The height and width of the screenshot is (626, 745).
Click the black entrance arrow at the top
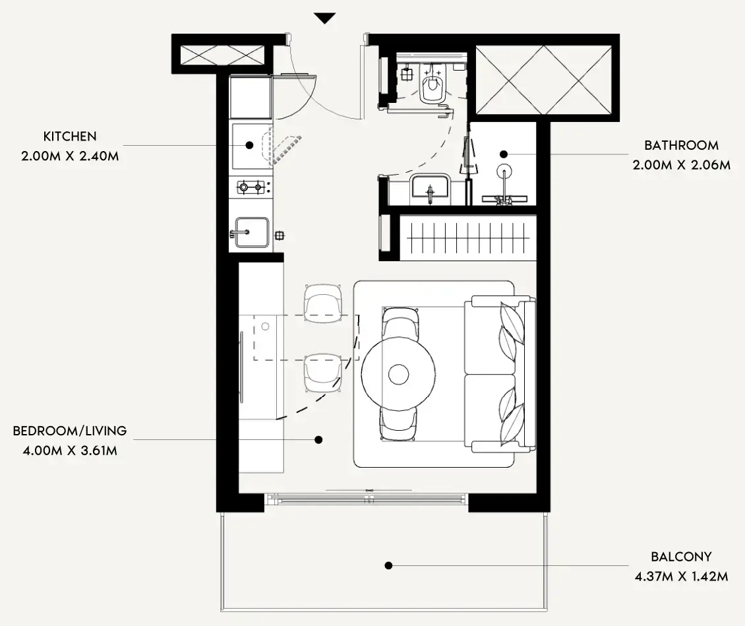(x=325, y=18)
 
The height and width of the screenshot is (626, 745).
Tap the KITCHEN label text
(x=70, y=137)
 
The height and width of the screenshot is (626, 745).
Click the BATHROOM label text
(x=681, y=145)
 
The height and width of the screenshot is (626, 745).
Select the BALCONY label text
(x=681, y=557)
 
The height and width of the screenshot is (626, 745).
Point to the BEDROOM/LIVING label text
(x=70, y=431)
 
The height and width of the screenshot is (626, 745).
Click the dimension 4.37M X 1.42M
(x=681, y=577)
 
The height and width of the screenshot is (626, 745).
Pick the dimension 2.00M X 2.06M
(x=681, y=165)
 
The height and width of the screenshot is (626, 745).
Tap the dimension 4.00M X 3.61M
(x=70, y=451)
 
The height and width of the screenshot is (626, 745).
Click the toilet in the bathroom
(x=432, y=83)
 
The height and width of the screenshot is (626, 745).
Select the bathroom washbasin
(x=430, y=189)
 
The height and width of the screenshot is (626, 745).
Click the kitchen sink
(x=252, y=232)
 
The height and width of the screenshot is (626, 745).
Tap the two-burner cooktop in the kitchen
(x=251, y=187)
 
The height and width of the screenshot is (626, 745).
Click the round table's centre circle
(x=399, y=375)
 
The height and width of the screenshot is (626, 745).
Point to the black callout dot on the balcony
(x=389, y=565)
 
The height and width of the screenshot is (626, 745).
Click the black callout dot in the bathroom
(x=504, y=154)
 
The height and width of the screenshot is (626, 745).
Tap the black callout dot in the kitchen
(x=249, y=145)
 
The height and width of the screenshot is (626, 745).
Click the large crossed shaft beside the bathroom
(x=543, y=80)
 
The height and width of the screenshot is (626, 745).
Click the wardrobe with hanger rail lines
(x=468, y=237)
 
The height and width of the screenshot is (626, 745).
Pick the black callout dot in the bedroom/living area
(x=319, y=440)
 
